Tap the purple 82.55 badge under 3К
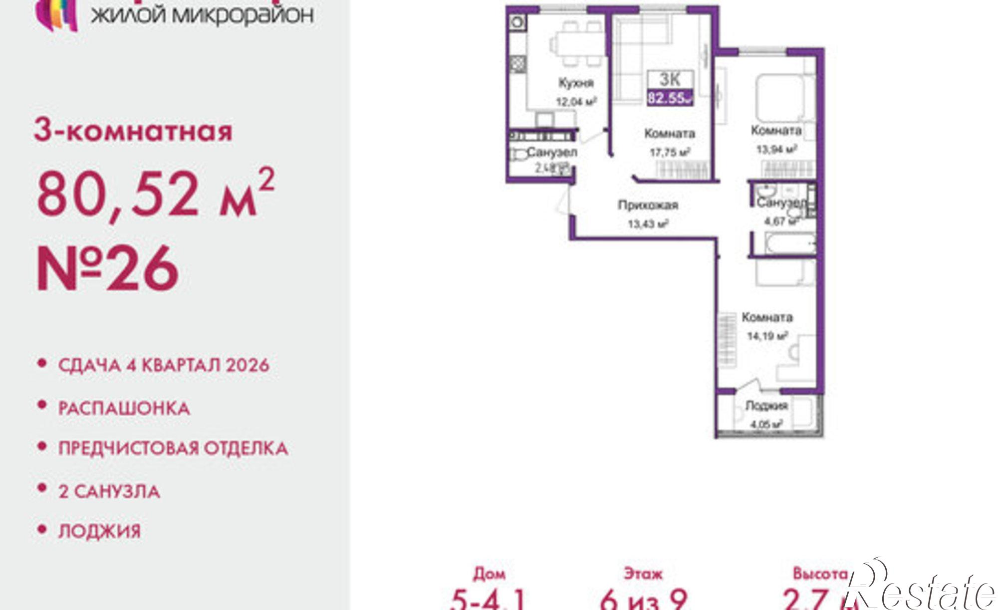670,98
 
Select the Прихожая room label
648,205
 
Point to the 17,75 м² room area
669,152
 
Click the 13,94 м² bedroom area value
776,149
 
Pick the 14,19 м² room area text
766,336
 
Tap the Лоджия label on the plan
766,406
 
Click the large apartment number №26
107,269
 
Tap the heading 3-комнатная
133,131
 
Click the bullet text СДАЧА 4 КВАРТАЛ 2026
164,365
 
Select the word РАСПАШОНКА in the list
124,408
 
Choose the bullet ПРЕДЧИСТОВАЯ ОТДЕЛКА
173,448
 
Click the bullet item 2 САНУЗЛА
109,491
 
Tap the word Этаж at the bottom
643,574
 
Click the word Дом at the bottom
489,574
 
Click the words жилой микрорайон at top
202,15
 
